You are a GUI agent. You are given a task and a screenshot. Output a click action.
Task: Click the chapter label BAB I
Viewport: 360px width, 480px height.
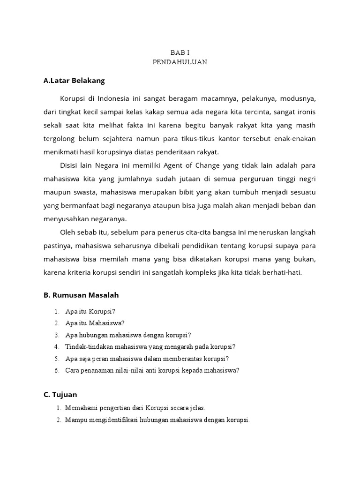coord(180,53)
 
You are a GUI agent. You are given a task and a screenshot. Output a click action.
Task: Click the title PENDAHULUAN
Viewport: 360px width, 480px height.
coord(180,62)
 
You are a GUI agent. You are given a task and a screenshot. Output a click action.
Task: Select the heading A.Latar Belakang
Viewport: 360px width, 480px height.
coord(74,81)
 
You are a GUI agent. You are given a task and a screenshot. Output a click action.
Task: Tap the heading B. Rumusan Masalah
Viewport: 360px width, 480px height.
coord(81,295)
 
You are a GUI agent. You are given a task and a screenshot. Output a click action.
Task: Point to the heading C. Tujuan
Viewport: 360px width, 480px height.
coord(60,395)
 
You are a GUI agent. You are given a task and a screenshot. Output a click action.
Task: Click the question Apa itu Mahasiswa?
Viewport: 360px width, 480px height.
coord(95,323)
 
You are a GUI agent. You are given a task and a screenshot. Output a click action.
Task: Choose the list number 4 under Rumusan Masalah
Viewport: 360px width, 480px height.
coord(56,347)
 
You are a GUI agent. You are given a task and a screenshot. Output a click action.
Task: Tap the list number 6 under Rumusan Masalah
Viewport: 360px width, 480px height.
coord(56,370)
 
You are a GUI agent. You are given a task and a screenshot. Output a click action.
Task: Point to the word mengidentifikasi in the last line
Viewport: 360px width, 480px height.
coord(109,420)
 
